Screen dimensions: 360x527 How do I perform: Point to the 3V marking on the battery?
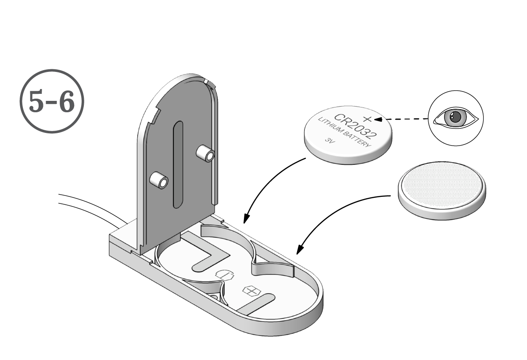(x=330, y=141)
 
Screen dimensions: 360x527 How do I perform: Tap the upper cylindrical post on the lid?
(x=205, y=153)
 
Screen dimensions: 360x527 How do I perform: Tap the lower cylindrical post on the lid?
(x=159, y=180)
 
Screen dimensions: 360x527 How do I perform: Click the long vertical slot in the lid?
(x=177, y=164)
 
